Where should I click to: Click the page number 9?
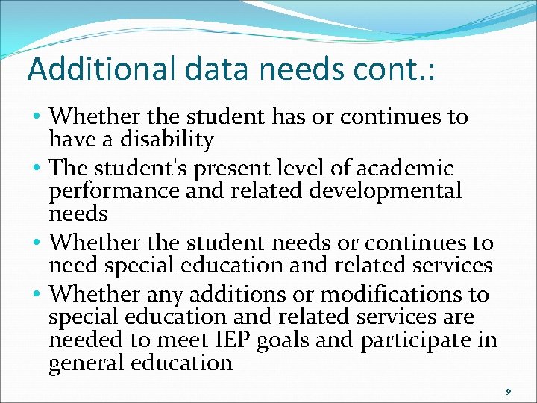[x=508, y=391]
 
